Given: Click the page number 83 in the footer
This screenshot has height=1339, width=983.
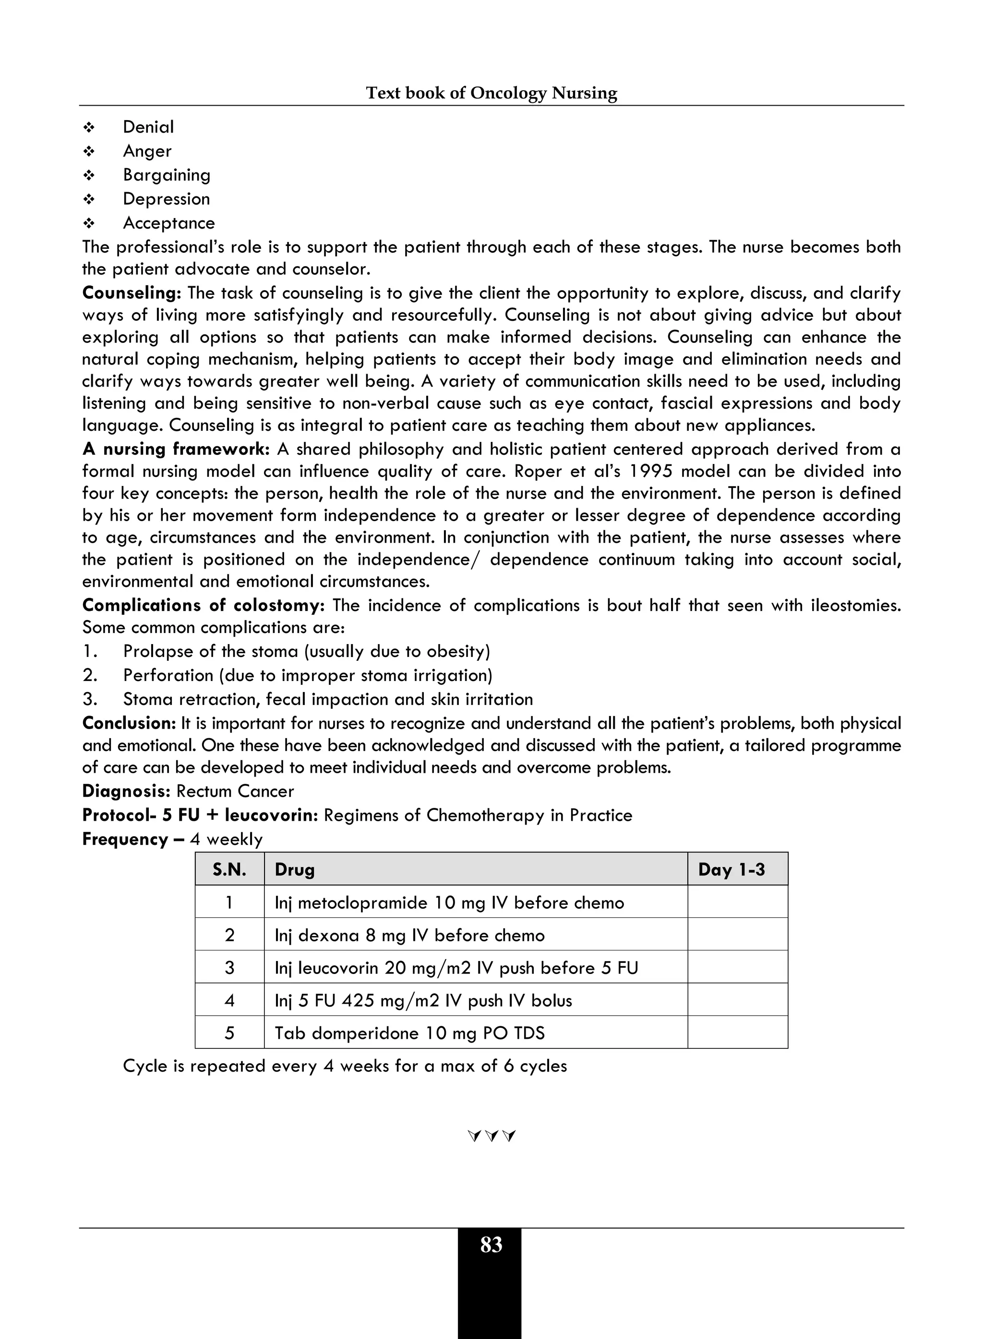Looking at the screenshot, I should [491, 1244].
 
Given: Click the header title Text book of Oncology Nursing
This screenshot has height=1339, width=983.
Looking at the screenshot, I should [491, 93].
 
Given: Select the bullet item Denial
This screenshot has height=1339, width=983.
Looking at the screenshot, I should [148, 127].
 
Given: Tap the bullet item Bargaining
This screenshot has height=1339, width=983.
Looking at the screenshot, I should [167, 175].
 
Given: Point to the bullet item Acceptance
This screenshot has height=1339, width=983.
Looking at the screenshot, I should [168, 223].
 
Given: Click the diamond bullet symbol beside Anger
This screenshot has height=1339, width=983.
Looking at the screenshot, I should [89, 152].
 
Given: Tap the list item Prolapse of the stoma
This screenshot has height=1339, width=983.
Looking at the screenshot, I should [306, 651].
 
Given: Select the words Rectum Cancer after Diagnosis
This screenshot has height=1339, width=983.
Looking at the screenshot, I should [235, 791].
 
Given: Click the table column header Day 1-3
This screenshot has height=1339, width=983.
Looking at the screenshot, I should [731, 870].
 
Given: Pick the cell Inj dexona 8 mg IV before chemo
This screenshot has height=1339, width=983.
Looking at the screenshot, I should [409, 936].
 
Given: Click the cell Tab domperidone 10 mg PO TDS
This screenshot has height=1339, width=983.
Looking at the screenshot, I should [409, 1033].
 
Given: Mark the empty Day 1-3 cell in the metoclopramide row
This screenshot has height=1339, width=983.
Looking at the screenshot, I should [737, 902].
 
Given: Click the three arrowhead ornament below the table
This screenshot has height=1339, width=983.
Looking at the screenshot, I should [491, 1136].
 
